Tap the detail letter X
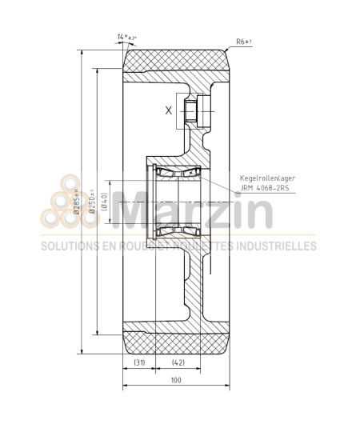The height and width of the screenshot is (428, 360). coord(168,111)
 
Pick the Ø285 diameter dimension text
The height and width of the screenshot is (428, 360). coord(78,202)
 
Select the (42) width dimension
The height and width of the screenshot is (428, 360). coord(178,362)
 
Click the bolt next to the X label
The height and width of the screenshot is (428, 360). coord(190,112)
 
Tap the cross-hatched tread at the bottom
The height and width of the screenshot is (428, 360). coord(176,342)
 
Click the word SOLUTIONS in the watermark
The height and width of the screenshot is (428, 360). coord(73,246)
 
